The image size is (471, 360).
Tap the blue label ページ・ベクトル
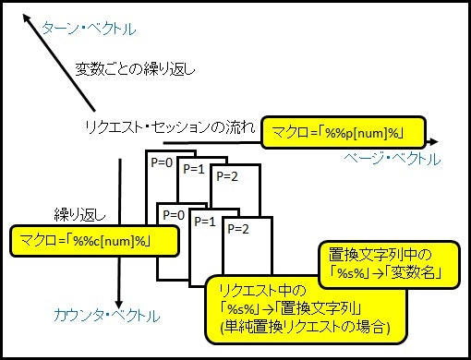tap(400, 160)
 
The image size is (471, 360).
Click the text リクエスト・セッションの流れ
tap(167, 128)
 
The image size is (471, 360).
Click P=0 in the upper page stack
tap(162, 161)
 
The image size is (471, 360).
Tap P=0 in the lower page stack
tap(174, 214)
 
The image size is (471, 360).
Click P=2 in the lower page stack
tap(238, 228)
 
